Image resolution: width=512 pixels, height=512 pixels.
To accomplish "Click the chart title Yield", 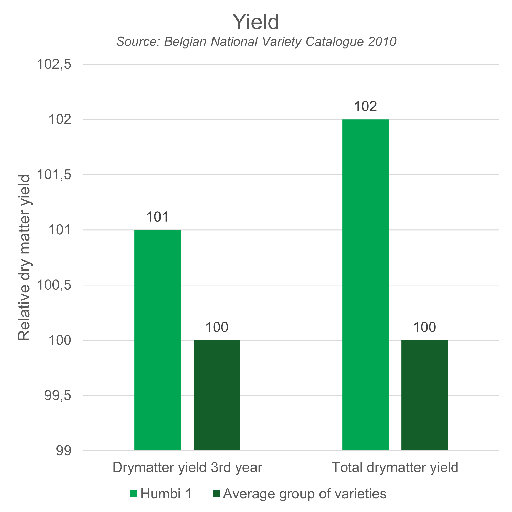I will click(256, 22).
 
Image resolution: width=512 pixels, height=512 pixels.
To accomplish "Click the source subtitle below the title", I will click(256, 42).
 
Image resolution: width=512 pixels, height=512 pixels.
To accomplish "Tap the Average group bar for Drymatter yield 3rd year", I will click(217, 395).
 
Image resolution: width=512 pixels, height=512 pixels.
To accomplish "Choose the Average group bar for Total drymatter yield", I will click(424, 395).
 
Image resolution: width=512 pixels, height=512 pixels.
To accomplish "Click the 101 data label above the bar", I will click(157, 217).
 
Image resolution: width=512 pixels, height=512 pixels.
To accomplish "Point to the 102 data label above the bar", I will click(366, 107).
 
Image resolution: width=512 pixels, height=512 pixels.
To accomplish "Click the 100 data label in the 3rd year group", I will click(217, 327).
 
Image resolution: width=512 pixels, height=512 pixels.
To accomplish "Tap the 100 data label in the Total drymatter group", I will click(424, 327).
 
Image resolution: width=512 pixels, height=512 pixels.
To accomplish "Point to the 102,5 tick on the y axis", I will click(54, 64).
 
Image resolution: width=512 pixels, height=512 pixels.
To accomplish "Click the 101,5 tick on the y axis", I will click(54, 175).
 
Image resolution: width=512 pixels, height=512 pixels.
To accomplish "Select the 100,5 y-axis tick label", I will click(54, 285).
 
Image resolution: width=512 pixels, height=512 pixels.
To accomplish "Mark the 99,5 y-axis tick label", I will click(58, 396).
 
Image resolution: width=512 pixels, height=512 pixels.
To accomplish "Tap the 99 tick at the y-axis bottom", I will click(63, 451).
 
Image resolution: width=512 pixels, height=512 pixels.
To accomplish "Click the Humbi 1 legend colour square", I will click(134, 494).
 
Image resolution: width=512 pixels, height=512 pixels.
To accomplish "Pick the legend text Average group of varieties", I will click(304, 494).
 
